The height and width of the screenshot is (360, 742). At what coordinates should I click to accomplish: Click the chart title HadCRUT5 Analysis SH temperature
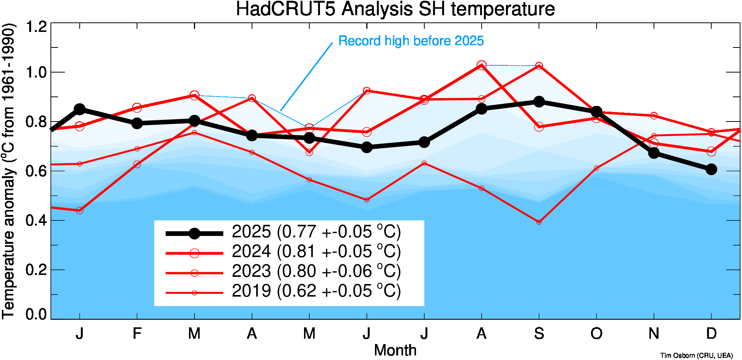point(395,9)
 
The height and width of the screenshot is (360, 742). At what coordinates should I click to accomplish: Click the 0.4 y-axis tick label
point(36,220)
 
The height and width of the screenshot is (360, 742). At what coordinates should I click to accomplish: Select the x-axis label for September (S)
point(539,333)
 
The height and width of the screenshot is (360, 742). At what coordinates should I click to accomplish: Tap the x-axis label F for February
point(137,333)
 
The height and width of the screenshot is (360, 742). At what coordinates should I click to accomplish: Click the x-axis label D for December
point(711,333)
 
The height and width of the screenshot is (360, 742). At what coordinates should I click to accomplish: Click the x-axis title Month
point(395,350)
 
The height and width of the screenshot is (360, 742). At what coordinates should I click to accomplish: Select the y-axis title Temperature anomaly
point(8,171)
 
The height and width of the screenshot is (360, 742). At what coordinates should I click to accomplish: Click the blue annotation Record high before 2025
point(411,41)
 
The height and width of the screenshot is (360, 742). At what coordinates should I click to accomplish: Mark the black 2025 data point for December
point(711,169)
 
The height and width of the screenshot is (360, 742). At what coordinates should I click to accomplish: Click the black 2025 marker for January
point(80,109)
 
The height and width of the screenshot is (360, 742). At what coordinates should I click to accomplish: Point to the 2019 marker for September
point(539,222)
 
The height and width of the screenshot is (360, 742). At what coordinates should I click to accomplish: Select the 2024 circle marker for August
point(482,65)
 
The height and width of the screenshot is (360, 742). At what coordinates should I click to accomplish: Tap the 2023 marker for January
point(80,210)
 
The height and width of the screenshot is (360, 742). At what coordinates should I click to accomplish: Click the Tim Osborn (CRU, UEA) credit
point(696,355)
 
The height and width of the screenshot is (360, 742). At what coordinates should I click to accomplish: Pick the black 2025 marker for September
point(539,102)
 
